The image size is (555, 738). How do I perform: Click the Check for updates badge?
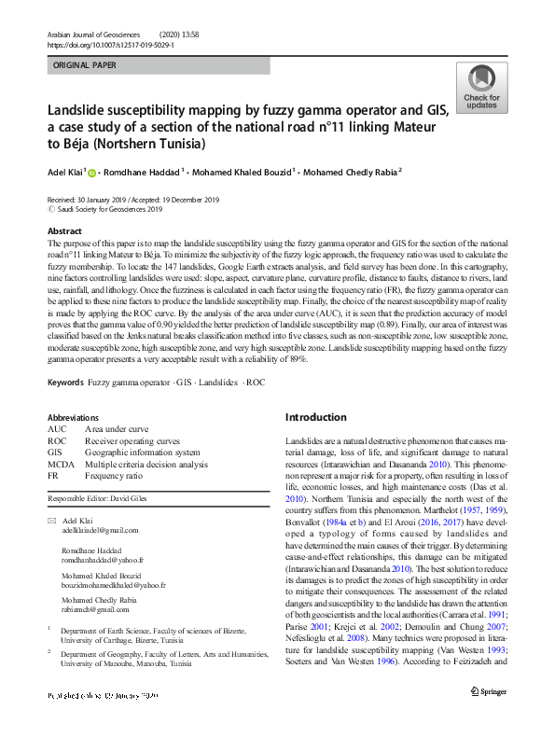point(481,88)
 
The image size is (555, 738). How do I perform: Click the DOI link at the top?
point(110,45)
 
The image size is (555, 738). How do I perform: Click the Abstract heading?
point(64,231)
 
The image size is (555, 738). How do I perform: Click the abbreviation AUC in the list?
point(57,429)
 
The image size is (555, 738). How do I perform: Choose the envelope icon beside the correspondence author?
point(51,520)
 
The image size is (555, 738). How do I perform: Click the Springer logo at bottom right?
point(490,717)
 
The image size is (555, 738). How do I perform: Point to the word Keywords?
point(65,383)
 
